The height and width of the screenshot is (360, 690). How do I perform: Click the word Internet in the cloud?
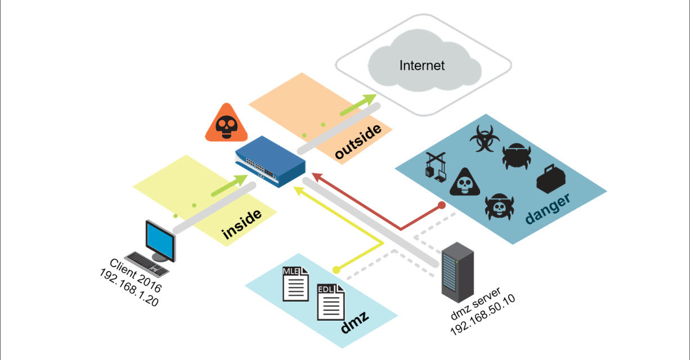[422, 65]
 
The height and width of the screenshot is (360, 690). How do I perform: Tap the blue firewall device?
[271, 161]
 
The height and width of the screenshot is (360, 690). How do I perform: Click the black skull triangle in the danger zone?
[464, 182]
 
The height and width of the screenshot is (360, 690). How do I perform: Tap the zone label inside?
[243, 224]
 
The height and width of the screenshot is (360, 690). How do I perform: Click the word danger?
[548, 208]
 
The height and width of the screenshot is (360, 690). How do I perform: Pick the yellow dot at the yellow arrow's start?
[336, 270]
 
